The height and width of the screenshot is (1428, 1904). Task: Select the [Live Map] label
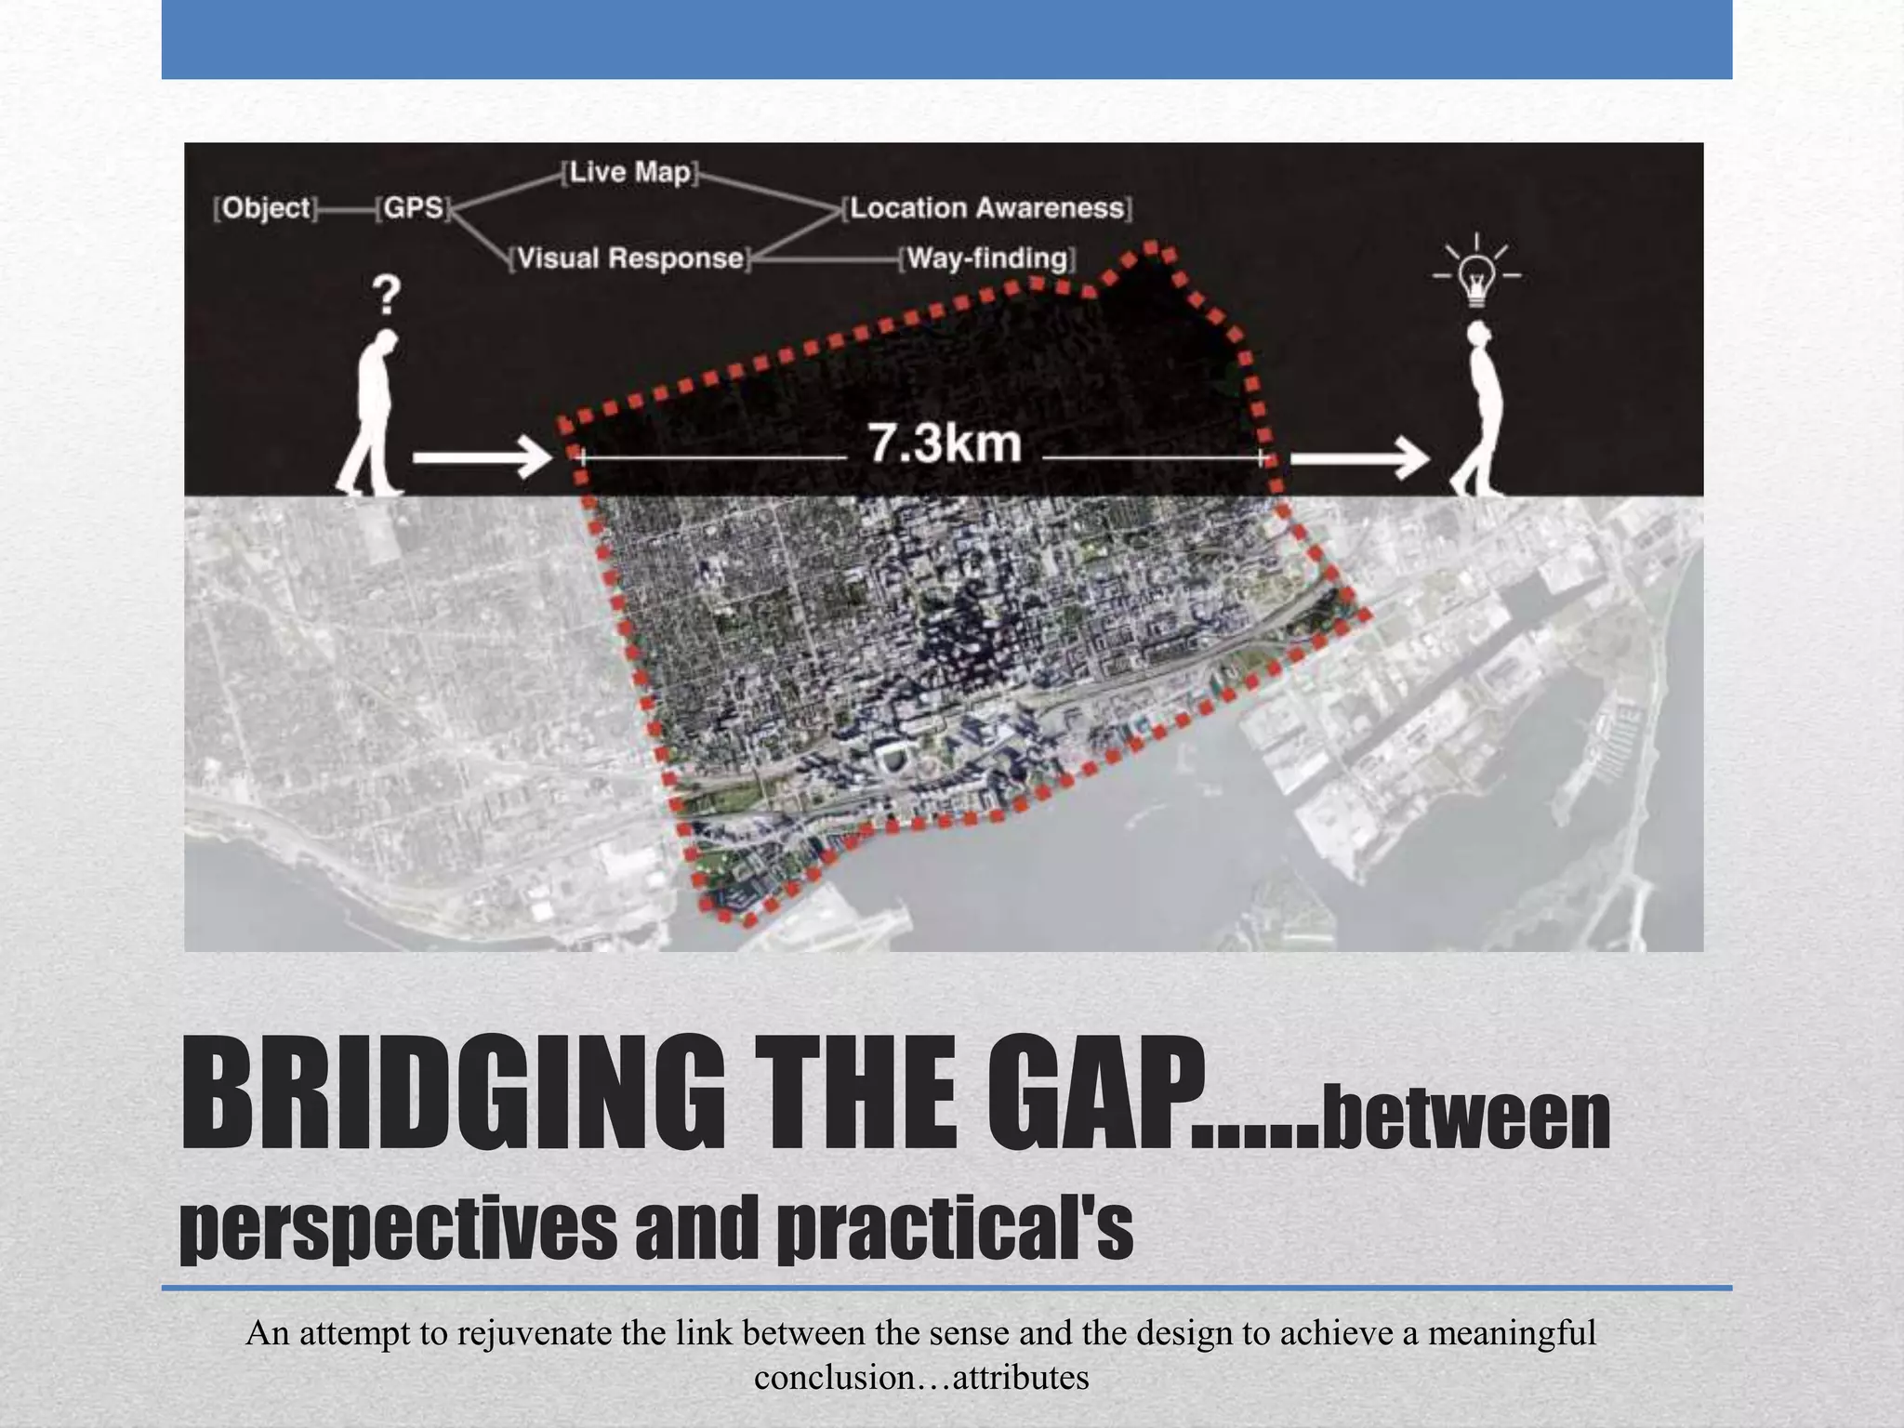(x=630, y=172)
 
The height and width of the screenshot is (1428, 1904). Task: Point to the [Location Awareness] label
(x=987, y=207)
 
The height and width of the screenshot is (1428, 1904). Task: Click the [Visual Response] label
(x=630, y=258)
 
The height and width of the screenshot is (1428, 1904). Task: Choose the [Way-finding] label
(x=987, y=258)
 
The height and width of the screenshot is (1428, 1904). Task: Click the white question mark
(x=387, y=296)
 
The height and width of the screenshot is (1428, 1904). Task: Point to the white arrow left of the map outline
(x=482, y=457)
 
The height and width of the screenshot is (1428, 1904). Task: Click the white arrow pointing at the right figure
(x=1359, y=457)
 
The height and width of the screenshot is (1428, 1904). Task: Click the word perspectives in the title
(x=398, y=1229)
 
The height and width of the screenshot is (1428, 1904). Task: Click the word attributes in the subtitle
(x=1021, y=1377)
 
